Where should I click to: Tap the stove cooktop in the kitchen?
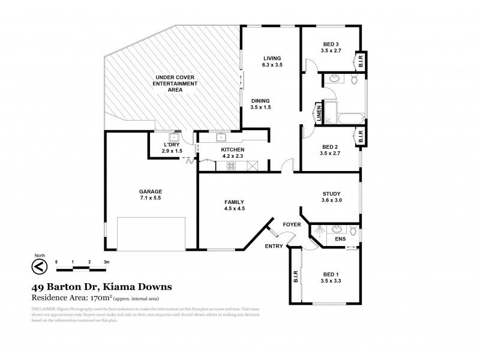(x=231, y=166)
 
